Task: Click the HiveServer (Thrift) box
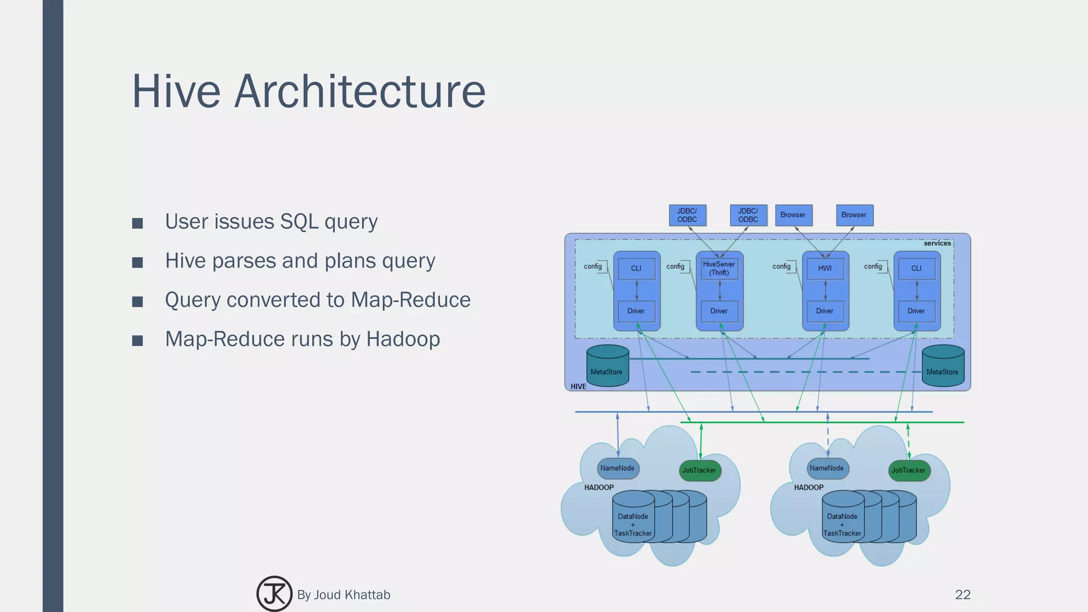point(719,268)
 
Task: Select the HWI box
point(824,268)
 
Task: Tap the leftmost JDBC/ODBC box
point(687,215)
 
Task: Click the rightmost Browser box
point(854,215)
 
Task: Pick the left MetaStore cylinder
point(607,367)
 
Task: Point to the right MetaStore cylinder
point(942,367)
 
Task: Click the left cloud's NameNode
point(617,468)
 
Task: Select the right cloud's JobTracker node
point(908,470)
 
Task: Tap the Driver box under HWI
point(824,311)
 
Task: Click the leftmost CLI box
point(636,268)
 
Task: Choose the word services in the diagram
point(937,243)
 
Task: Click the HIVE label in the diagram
point(579,386)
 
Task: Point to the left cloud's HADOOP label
point(599,487)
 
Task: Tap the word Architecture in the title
point(360,91)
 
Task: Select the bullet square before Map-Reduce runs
point(138,341)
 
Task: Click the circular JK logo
point(274,594)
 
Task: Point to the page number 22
point(963,594)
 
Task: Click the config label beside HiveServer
point(675,266)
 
